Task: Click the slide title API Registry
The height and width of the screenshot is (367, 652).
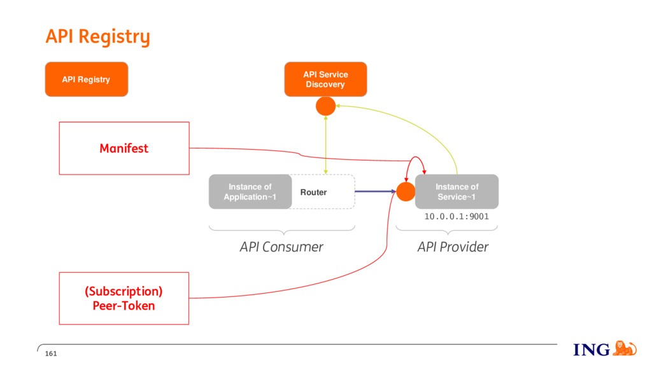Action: pyautogui.click(x=97, y=37)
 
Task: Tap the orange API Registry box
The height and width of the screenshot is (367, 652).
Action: pyautogui.click(x=87, y=80)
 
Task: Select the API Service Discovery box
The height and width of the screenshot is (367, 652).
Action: pyautogui.click(x=325, y=80)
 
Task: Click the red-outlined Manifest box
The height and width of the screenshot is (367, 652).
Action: pyautogui.click(x=124, y=148)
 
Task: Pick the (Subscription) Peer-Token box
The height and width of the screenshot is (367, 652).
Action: pyautogui.click(x=124, y=298)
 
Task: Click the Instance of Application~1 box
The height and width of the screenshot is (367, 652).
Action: pyautogui.click(x=250, y=192)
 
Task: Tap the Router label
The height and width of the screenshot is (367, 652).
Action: pyautogui.click(x=313, y=192)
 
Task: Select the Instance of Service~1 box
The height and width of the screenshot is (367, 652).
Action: pyautogui.click(x=457, y=192)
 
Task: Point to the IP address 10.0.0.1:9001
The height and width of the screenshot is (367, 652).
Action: pyautogui.click(x=457, y=217)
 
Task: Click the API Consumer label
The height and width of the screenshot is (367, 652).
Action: pyautogui.click(x=281, y=247)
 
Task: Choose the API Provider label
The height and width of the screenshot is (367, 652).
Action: pyautogui.click(x=453, y=247)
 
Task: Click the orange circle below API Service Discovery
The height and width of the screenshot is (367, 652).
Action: pyautogui.click(x=325, y=106)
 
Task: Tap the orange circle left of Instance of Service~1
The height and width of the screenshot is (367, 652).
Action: pyautogui.click(x=406, y=192)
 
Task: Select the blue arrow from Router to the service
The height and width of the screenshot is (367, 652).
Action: pyautogui.click(x=376, y=191)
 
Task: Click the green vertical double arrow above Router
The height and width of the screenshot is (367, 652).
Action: pyautogui.click(x=325, y=145)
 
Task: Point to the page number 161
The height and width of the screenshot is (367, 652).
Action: pyautogui.click(x=51, y=354)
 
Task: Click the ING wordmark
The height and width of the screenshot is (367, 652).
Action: pyautogui.click(x=592, y=350)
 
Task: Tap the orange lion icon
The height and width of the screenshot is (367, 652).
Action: pyautogui.click(x=625, y=349)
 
